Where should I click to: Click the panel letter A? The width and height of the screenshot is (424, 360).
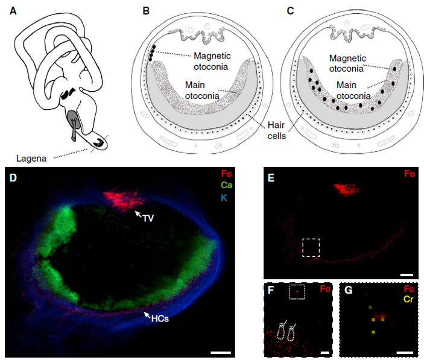9,11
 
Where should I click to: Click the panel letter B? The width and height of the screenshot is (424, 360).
145,11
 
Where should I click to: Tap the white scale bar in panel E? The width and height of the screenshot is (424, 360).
407,275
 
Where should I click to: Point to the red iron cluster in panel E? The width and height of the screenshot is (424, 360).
345,189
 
